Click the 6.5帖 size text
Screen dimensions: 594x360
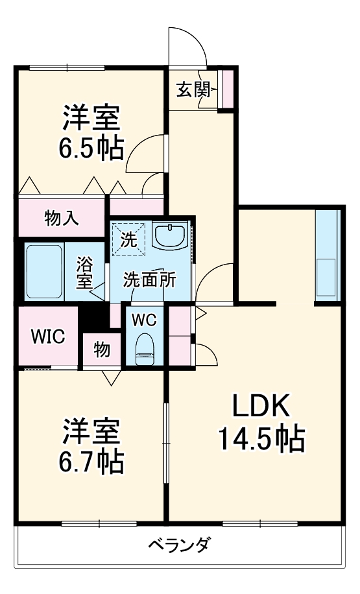click(x=91, y=148)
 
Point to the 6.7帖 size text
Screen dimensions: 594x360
click(x=91, y=462)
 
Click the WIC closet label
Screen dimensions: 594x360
click(x=48, y=337)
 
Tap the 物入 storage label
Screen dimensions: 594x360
click(x=62, y=219)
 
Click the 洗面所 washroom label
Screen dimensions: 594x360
click(x=150, y=280)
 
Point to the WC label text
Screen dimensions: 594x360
click(x=144, y=320)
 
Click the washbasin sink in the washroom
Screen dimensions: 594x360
click(x=171, y=235)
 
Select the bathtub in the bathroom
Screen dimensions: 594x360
click(x=43, y=272)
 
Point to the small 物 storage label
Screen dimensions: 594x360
click(x=101, y=350)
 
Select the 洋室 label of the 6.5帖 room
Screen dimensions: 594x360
click(x=91, y=119)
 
